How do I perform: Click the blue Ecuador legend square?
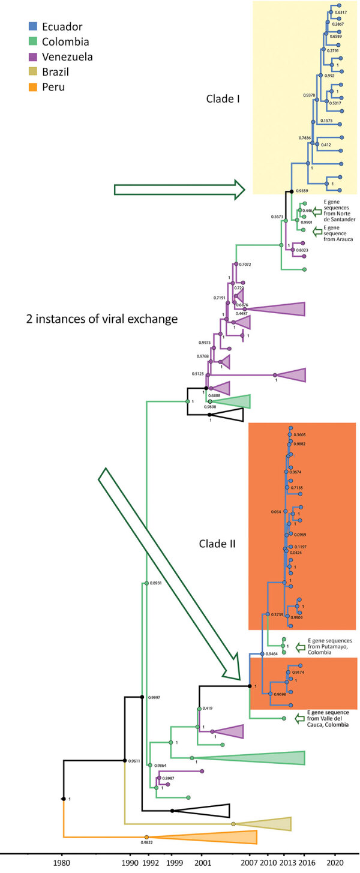pos(34,26)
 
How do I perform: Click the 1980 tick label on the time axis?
pos(62,862)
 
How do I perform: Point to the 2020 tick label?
pos(335,862)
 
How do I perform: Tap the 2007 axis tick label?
pos(249,862)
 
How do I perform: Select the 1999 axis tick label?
pos(172,862)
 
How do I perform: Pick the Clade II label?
pos(218,544)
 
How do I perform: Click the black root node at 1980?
pos(63,799)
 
